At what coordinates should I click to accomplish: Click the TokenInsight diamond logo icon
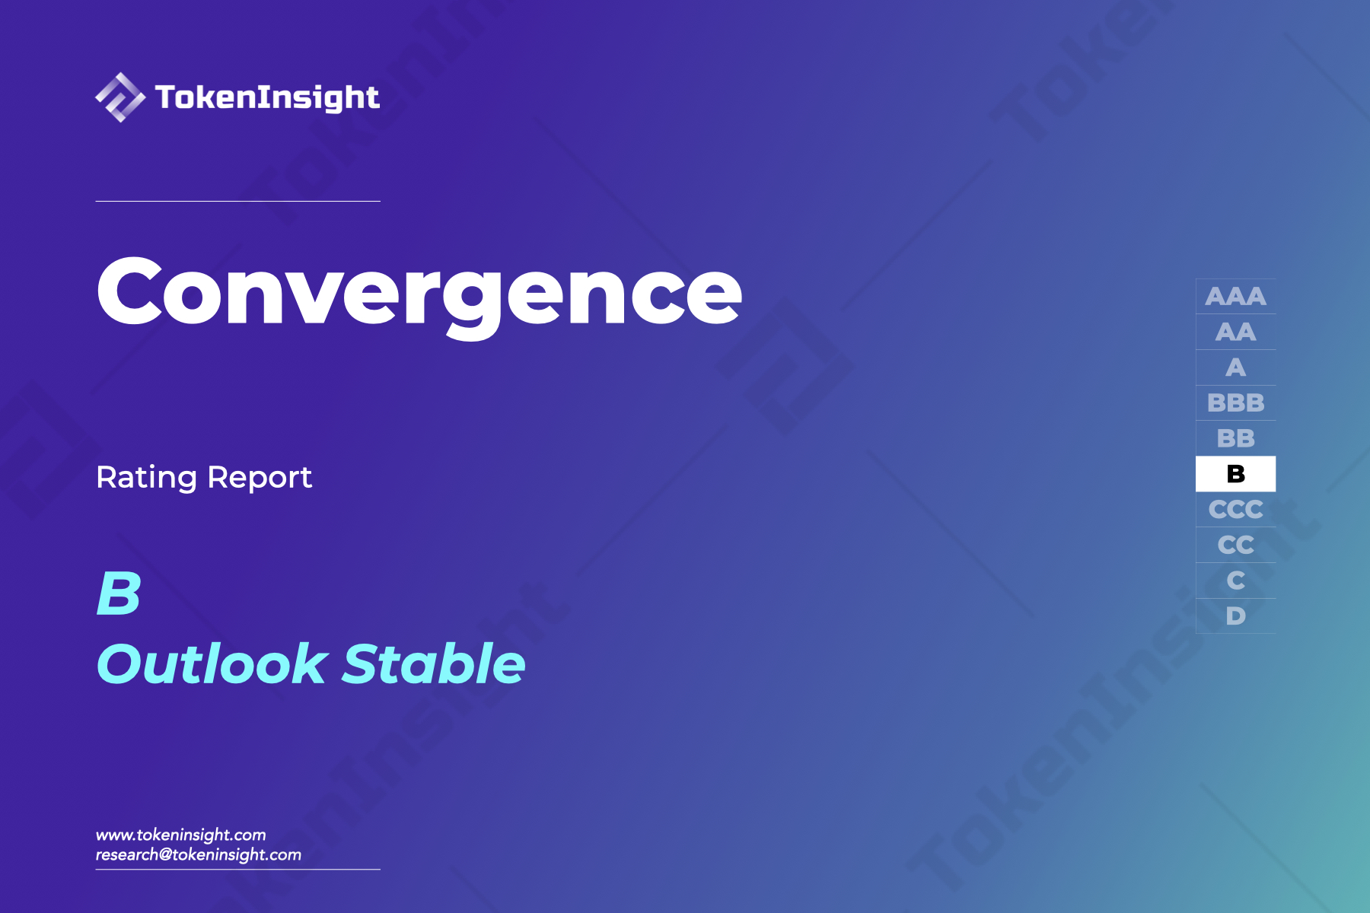(x=119, y=97)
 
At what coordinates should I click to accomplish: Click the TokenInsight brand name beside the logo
(x=267, y=97)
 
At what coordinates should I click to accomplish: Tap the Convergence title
(x=419, y=293)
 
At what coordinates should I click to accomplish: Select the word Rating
(x=146, y=478)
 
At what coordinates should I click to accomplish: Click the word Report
(x=260, y=478)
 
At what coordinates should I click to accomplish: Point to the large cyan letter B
(x=119, y=593)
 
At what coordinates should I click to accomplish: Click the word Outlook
(x=212, y=663)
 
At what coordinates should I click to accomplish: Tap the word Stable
(x=434, y=663)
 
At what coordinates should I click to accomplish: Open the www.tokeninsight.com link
(x=180, y=835)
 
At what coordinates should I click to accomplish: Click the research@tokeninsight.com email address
(x=198, y=854)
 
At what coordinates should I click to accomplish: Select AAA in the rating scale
(x=1235, y=296)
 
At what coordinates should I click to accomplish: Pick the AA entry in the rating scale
(x=1235, y=332)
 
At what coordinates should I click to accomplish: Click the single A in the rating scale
(x=1235, y=367)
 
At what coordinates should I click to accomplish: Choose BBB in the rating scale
(x=1235, y=402)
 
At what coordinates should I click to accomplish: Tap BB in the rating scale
(x=1235, y=438)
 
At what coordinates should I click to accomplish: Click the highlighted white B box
(x=1235, y=474)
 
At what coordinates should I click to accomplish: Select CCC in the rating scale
(x=1235, y=509)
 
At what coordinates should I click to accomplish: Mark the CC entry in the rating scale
(x=1235, y=545)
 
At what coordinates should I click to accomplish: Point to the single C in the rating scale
(x=1235, y=581)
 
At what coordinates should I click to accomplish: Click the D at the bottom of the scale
(x=1235, y=616)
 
